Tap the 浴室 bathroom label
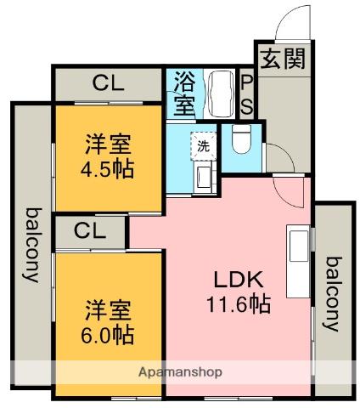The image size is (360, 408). pos(184,93)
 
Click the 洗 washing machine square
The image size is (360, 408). pos(204,145)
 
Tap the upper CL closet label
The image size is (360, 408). pos(108,83)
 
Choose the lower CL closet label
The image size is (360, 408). pos(89,230)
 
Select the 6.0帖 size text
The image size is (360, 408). pos(108,334)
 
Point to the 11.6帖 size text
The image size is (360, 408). pos(238,303)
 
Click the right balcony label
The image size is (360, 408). pos(332,294)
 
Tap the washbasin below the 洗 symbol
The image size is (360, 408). pos(204,176)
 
